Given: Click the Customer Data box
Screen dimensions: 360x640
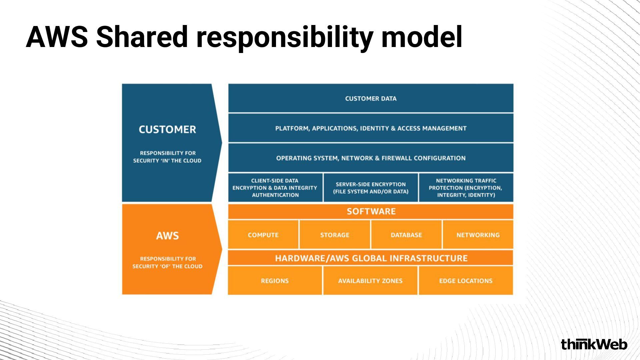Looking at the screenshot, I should pyautogui.click(x=371, y=98).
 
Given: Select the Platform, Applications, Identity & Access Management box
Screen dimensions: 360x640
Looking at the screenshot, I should pyautogui.click(x=371, y=128).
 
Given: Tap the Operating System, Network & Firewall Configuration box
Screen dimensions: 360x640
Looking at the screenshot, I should pyautogui.click(x=371, y=158).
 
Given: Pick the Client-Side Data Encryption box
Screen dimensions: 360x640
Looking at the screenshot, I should pyautogui.click(x=275, y=188).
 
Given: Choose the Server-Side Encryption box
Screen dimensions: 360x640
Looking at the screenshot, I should pyautogui.click(x=371, y=188).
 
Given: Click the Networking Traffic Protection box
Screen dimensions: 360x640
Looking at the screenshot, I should pyautogui.click(x=466, y=188).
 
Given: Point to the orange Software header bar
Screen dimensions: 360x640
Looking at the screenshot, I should pyautogui.click(x=371, y=211).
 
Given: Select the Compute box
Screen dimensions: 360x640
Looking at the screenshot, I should pyautogui.click(x=263, y=235).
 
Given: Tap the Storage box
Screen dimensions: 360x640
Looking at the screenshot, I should pyautogui.click(x=335, y=235).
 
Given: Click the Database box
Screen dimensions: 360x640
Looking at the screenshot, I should pyautogui.click(x=406, y=235).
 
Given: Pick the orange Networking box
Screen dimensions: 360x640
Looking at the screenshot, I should pyautogui.click(x=478, y=235).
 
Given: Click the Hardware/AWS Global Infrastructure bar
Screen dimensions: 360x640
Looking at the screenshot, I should pyautogui.click(x=371, y=258).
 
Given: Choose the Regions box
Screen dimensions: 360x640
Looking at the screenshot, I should pyautogui.click(x=275, y=281).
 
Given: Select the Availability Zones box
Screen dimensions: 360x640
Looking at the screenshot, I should pyautogui.click(x=370, y=281).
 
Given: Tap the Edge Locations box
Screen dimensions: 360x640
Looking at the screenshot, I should pyautogui.click(x=466, y=281).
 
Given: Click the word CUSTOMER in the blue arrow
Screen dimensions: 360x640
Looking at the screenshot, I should pyautogui.click(x=167, y=129).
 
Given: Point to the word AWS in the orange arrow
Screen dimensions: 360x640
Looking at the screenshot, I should pyautogui.click(x=167, y=236).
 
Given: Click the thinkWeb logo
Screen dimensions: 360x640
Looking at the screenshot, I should pyautogui.click(x=594, y=344).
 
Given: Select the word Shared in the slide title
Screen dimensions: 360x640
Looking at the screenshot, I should pyautogui.click(x=142, y=37).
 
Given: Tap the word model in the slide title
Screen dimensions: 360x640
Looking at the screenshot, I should pyautogui.click(x=422, y=37).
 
